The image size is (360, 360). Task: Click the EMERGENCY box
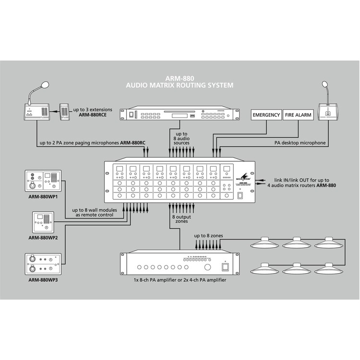(x=266, y=115)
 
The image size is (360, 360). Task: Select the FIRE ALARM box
(x=298, y=115)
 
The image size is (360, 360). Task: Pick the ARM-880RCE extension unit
(x=65, y=114)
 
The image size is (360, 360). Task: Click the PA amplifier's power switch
(x=224, y=267)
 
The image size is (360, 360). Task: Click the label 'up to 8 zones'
(x=209, y=237)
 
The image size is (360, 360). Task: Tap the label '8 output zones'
(x=180, y=220)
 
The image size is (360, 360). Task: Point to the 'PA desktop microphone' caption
(x=300, y=143)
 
